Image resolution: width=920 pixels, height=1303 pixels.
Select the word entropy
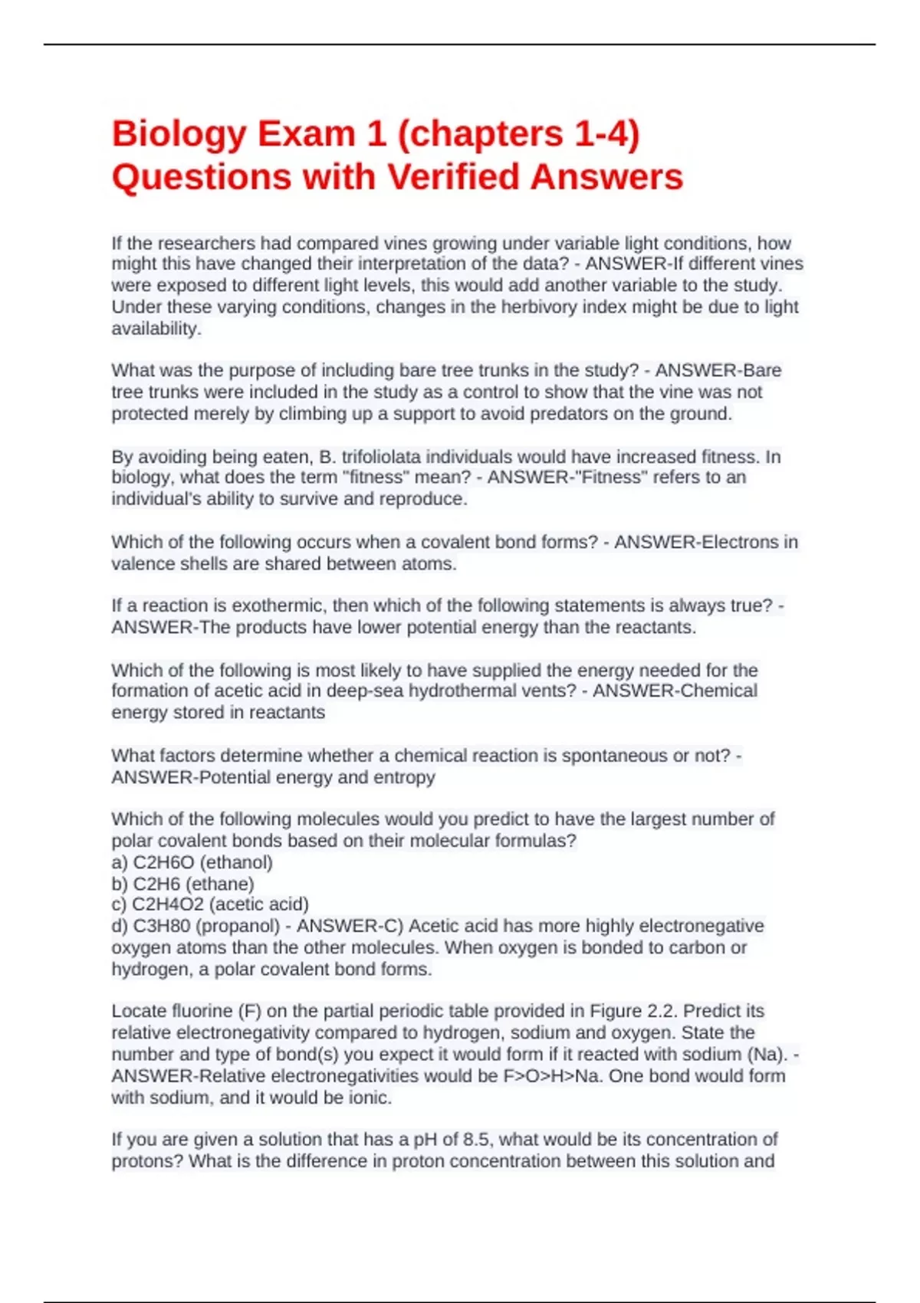404,777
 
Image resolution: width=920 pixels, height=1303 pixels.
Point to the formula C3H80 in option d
162,926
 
